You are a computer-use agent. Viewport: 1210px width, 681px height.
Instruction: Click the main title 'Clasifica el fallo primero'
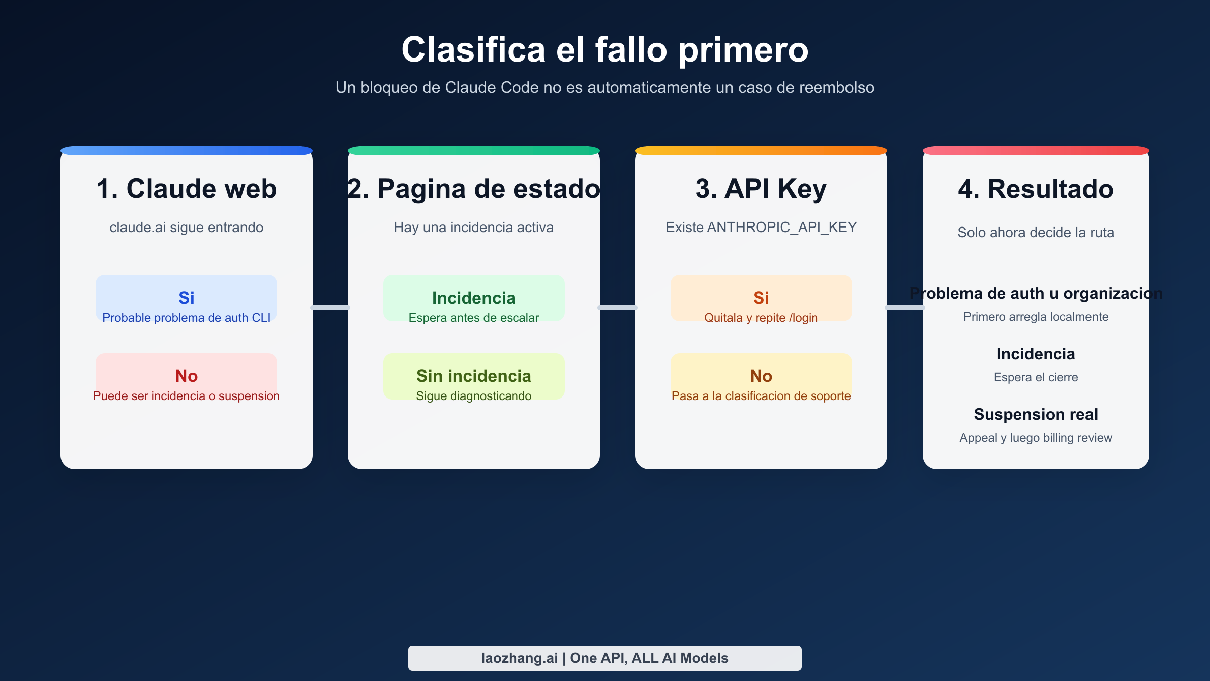pyautogui.click(x=605, y=50)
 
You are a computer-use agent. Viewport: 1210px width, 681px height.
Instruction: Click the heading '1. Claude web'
pyautogui.click(x=187, y=189)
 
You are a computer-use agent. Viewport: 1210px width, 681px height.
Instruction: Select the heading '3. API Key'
pyautogui.click(x=761, y=189)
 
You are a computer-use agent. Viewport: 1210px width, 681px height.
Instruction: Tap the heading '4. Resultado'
pyautogui.click(x=1036, y=189)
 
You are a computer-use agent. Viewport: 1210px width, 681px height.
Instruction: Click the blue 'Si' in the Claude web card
pyautogui.click(x=187, y=298)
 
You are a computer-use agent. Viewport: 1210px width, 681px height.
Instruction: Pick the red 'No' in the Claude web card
pyautogui.click(x=187, y=376)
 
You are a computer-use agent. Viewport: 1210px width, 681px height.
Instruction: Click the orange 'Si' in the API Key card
pyautogui.click(x=761, y=298)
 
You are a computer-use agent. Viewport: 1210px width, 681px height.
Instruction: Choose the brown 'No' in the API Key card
pyautogui.click(x=761, y=376)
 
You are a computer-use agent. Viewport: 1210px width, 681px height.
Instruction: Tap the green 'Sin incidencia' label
pyautogui.click(x=473, y=376)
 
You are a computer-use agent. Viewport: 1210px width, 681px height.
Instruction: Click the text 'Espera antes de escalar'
pyautogui.click(x=473, y=318)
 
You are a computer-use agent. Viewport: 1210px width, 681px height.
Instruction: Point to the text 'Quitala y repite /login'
pyautogui.click(x=761, y=318)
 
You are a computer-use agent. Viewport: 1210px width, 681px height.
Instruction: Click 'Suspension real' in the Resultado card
pyautogui.click(x=1036, y=414)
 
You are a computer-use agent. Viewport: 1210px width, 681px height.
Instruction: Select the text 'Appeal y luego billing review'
pyautogui.click(x=1036, y=438)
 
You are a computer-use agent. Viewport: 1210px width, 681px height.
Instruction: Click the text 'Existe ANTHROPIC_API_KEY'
pyautogui.click(x=761, y=228)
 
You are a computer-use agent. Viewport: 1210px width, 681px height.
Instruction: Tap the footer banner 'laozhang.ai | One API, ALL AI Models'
pyautogui.click(x=604, y=658)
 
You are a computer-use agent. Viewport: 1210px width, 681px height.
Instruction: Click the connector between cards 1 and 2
pyautogui.click(x=330, y=307)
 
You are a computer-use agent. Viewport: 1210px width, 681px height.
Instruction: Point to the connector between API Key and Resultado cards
pyautogui.click(x=905, y=307)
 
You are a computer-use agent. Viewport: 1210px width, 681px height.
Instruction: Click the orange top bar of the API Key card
pyautogui.click(x=761, y=151)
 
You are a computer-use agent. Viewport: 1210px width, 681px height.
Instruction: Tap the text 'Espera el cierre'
pyautogui.click(x=1036, y=377)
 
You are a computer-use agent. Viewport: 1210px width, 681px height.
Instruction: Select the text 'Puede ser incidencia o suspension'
pyautogui.click(x=187, y=396)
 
